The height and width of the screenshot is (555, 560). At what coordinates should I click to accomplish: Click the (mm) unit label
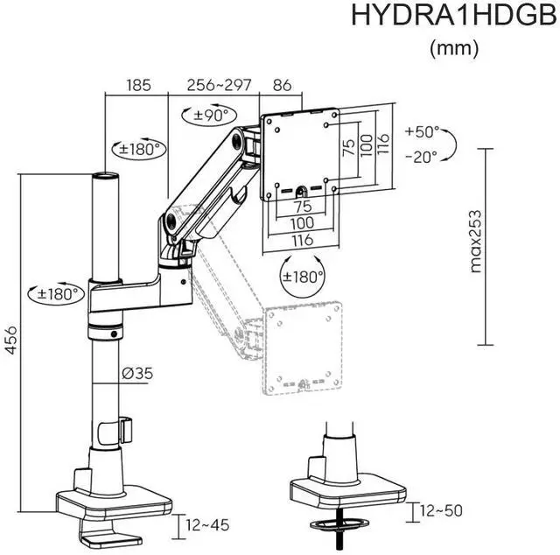coord(454,49)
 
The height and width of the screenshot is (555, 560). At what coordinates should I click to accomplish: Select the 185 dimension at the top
coord(138,86)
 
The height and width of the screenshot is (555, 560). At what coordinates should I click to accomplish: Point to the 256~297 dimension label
coord(219,86)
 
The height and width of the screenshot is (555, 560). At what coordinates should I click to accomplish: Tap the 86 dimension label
coord(283,86)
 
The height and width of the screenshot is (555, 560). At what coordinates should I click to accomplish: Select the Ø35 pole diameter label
coord(137,374)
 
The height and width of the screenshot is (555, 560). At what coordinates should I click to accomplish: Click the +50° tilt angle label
coord(422,133)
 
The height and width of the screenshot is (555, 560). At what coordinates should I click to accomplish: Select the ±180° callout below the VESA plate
coord(303,276)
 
